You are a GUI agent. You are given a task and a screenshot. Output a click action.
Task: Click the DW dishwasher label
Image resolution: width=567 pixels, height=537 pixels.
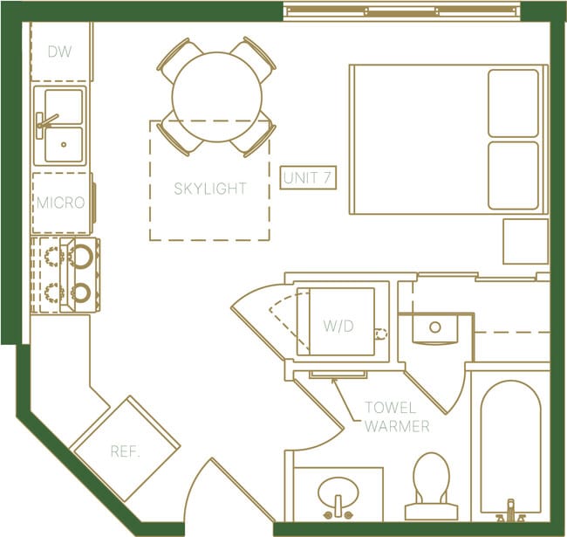click(x=59, y=52)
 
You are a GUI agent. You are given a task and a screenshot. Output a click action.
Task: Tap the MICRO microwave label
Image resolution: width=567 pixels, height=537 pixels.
click(x=60, y=203)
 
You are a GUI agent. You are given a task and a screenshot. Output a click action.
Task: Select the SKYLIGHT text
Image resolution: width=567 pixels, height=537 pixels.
click(x=209, y=189)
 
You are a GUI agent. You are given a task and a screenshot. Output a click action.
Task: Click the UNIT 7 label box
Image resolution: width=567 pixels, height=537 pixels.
click(x=308, y=178)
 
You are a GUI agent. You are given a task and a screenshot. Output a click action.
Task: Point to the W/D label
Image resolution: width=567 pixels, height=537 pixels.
click(x=338, y=327)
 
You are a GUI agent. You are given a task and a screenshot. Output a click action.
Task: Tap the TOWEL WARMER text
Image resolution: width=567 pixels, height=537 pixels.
click(x=397, y=417)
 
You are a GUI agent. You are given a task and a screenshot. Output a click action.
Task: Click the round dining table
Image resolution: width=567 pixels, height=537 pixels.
click(x=216, y=96)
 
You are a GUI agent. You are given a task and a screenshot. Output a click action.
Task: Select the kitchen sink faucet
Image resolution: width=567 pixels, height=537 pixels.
click(x=44, y=121)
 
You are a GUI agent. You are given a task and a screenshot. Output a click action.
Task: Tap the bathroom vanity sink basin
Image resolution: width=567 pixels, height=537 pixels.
click(x=338, y=494)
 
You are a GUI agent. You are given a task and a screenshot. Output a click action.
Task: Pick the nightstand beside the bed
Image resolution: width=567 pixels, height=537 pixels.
click(x=525, y=241)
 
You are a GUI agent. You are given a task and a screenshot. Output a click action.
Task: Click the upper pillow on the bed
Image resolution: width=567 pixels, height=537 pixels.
click(x=513, y=103)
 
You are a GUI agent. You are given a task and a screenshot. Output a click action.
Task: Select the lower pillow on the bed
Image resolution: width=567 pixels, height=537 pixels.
click(x=513, y=176)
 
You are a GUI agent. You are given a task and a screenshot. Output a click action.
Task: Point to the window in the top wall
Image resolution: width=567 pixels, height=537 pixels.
click(x=401, y=10)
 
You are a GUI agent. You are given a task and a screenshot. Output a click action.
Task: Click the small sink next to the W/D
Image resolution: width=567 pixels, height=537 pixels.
click(x=434, y=329)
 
